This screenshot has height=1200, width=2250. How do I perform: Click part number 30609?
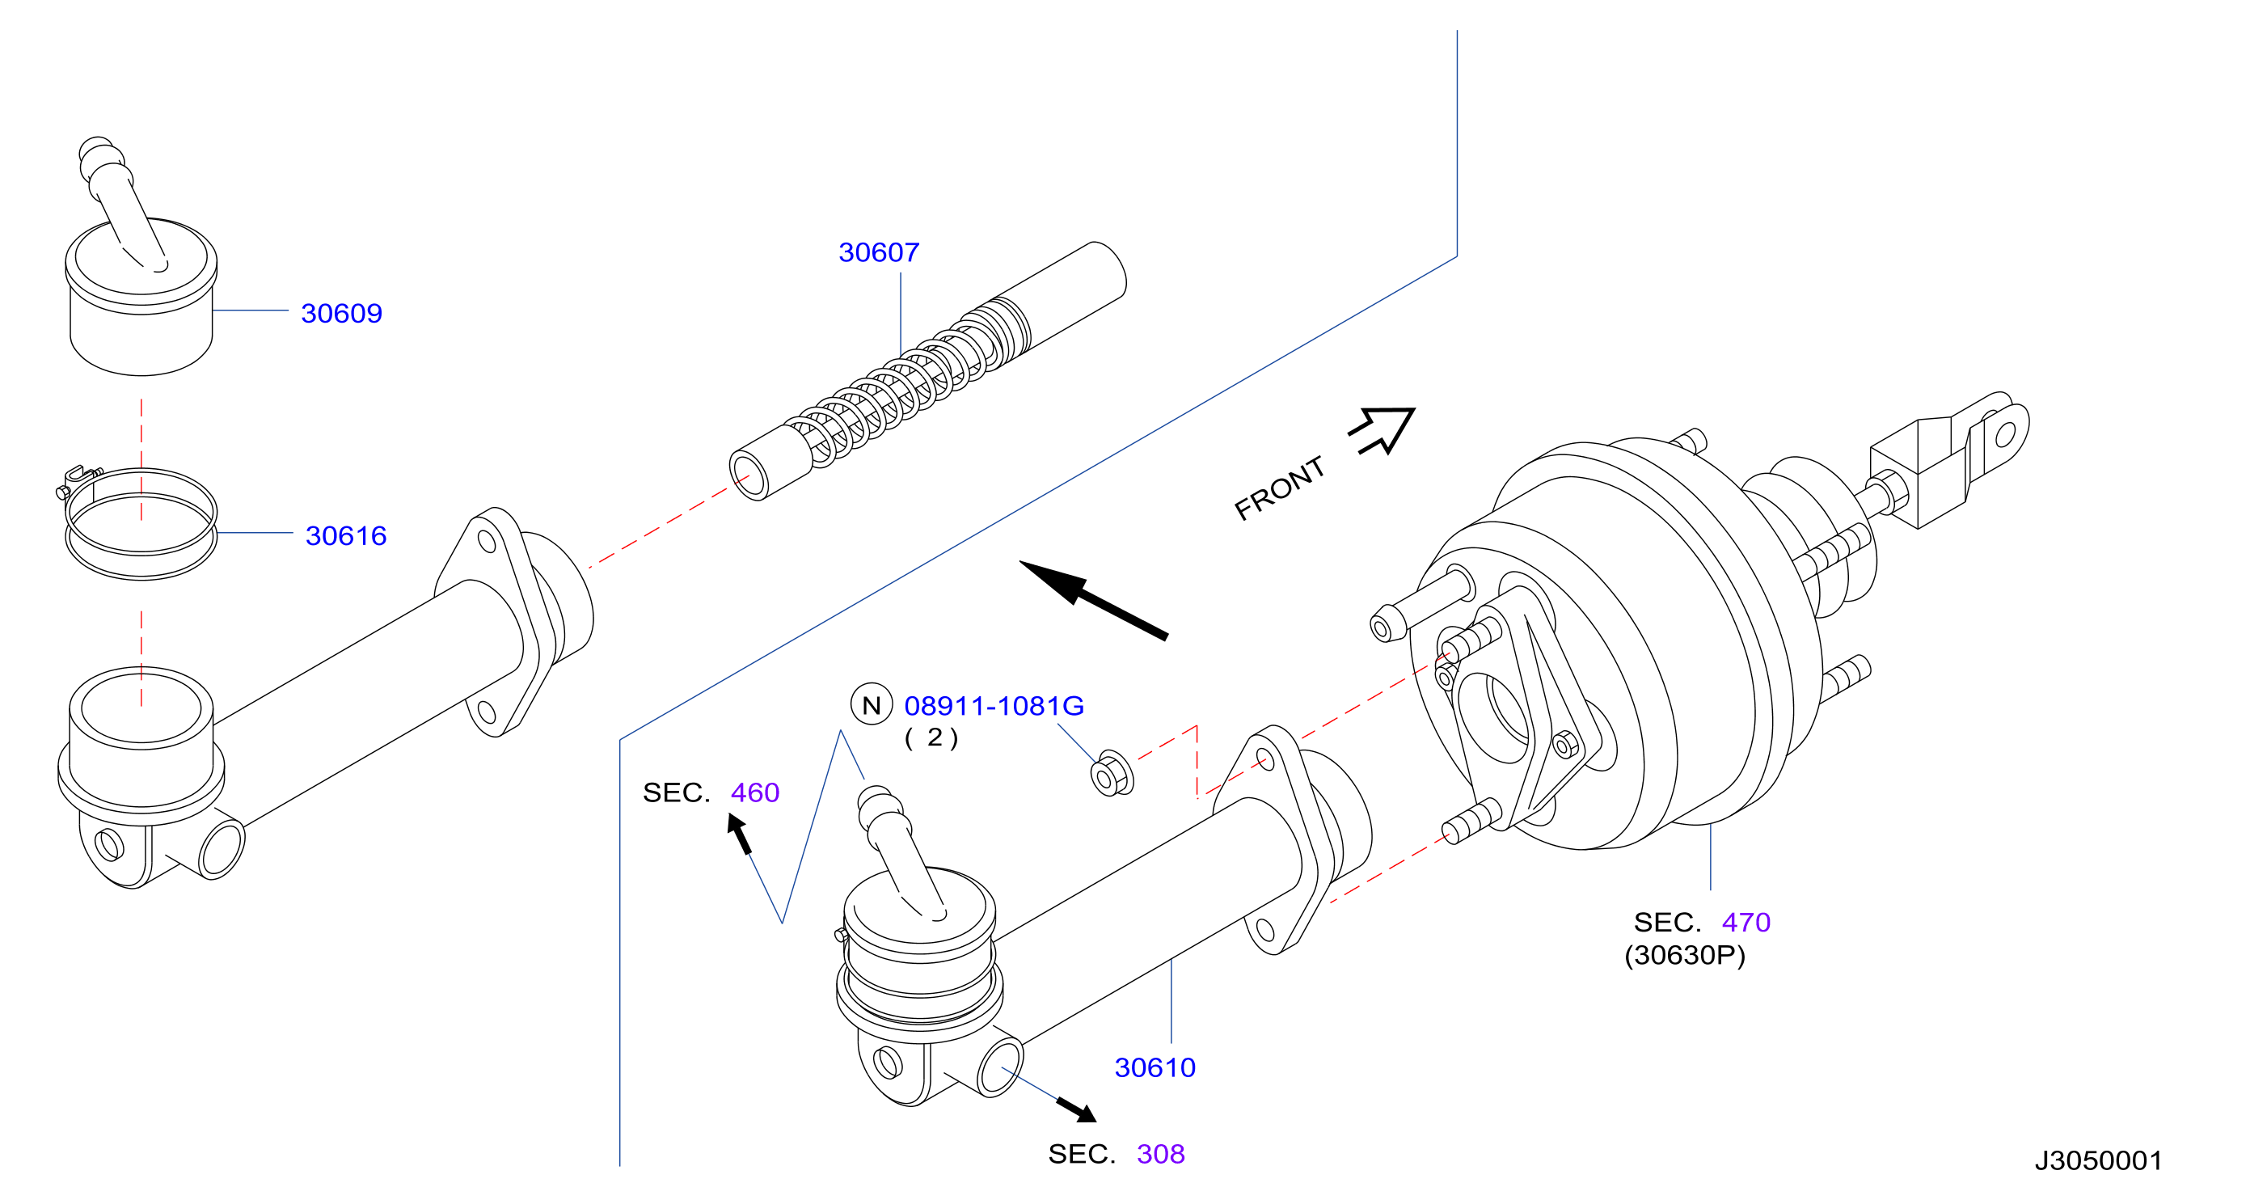[341, 313]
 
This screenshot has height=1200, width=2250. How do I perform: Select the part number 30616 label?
[346, 535]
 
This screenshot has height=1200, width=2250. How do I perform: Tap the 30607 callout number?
[879, 252]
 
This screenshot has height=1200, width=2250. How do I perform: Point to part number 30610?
[1155, 1067]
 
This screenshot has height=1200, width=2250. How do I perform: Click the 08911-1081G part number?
[994, 706]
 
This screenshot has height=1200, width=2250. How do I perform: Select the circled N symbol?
[872, 704]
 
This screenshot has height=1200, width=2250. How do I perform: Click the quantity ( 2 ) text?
[932, 738]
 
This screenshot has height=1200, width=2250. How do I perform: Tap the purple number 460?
[754, 792]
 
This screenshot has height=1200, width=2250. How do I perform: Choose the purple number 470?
[1746, 923]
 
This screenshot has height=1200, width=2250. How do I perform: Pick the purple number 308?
[1161, 1154]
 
